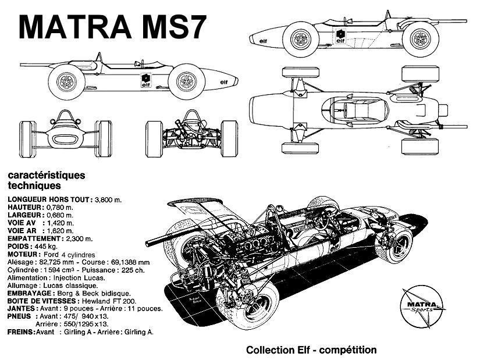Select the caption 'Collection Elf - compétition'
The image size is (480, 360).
coord(311,350)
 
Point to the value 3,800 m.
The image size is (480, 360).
coord(108,199)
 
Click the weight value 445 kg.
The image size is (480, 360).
coord(45,246)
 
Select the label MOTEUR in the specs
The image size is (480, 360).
coord(23,254)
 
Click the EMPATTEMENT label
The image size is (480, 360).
coord(34,238)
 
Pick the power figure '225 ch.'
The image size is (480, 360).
coord(135,270)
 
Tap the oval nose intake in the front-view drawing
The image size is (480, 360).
coord(64,138)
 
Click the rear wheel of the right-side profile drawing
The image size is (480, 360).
coord(67,82)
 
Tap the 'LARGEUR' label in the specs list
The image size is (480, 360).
coord(24,215)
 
